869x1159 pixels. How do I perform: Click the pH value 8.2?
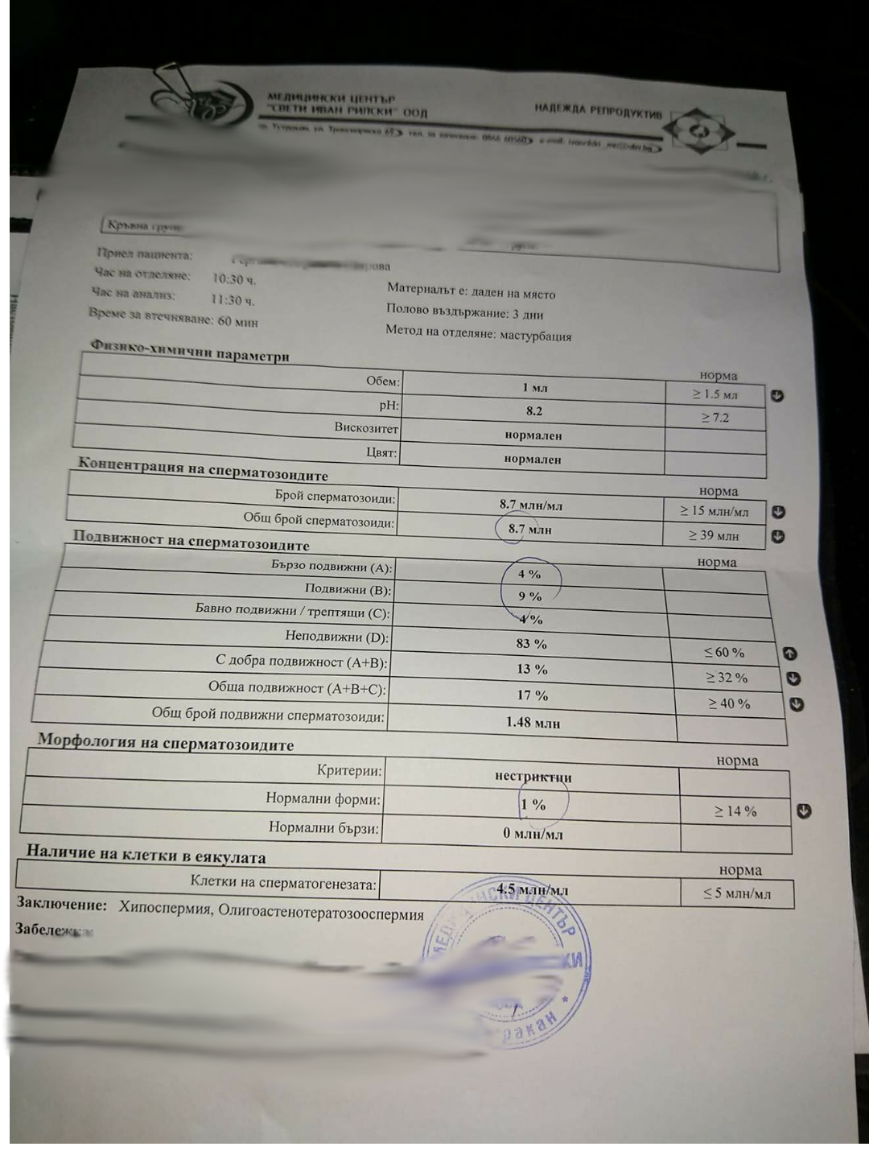pos(534,411)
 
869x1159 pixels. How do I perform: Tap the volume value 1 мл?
pos(534,388)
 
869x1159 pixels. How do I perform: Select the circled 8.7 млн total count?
pos(529,530)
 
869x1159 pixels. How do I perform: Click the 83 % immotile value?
pos(531,644)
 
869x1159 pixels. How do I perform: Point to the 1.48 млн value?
pos(533,723)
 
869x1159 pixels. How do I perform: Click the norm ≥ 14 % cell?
pos(735,811)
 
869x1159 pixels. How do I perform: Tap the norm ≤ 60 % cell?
pos(724,653)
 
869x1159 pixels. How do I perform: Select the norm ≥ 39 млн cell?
pos(714,535)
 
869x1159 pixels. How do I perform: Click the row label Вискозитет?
pos(366,427)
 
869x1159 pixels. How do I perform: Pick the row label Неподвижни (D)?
pos(336,637)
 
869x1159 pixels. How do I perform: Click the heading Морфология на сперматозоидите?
pos(166,742)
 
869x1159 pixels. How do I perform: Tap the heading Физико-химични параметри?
pos(190,351)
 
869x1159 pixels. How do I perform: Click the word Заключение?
pos(61,904)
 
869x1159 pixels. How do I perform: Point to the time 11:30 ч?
pos(233,300)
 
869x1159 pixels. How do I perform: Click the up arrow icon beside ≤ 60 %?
pos(789,654)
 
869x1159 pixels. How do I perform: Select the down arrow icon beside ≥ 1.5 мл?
pos(777,396)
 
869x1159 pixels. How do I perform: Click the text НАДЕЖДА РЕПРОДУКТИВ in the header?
pos(598,110)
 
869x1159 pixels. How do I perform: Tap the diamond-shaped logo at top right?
pos(702,132)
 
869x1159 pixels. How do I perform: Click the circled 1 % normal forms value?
pos(533,804)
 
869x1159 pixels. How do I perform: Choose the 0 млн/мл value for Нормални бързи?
pos(533,834)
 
